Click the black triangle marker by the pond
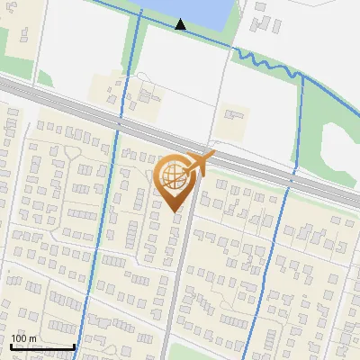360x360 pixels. [x=181, y=24]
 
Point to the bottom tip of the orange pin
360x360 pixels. [x=175, y=211]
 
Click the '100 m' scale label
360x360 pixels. [x=23, y=338]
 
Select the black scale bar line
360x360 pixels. [x=42, y=346]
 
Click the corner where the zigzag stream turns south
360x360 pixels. [x=304, y=77]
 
